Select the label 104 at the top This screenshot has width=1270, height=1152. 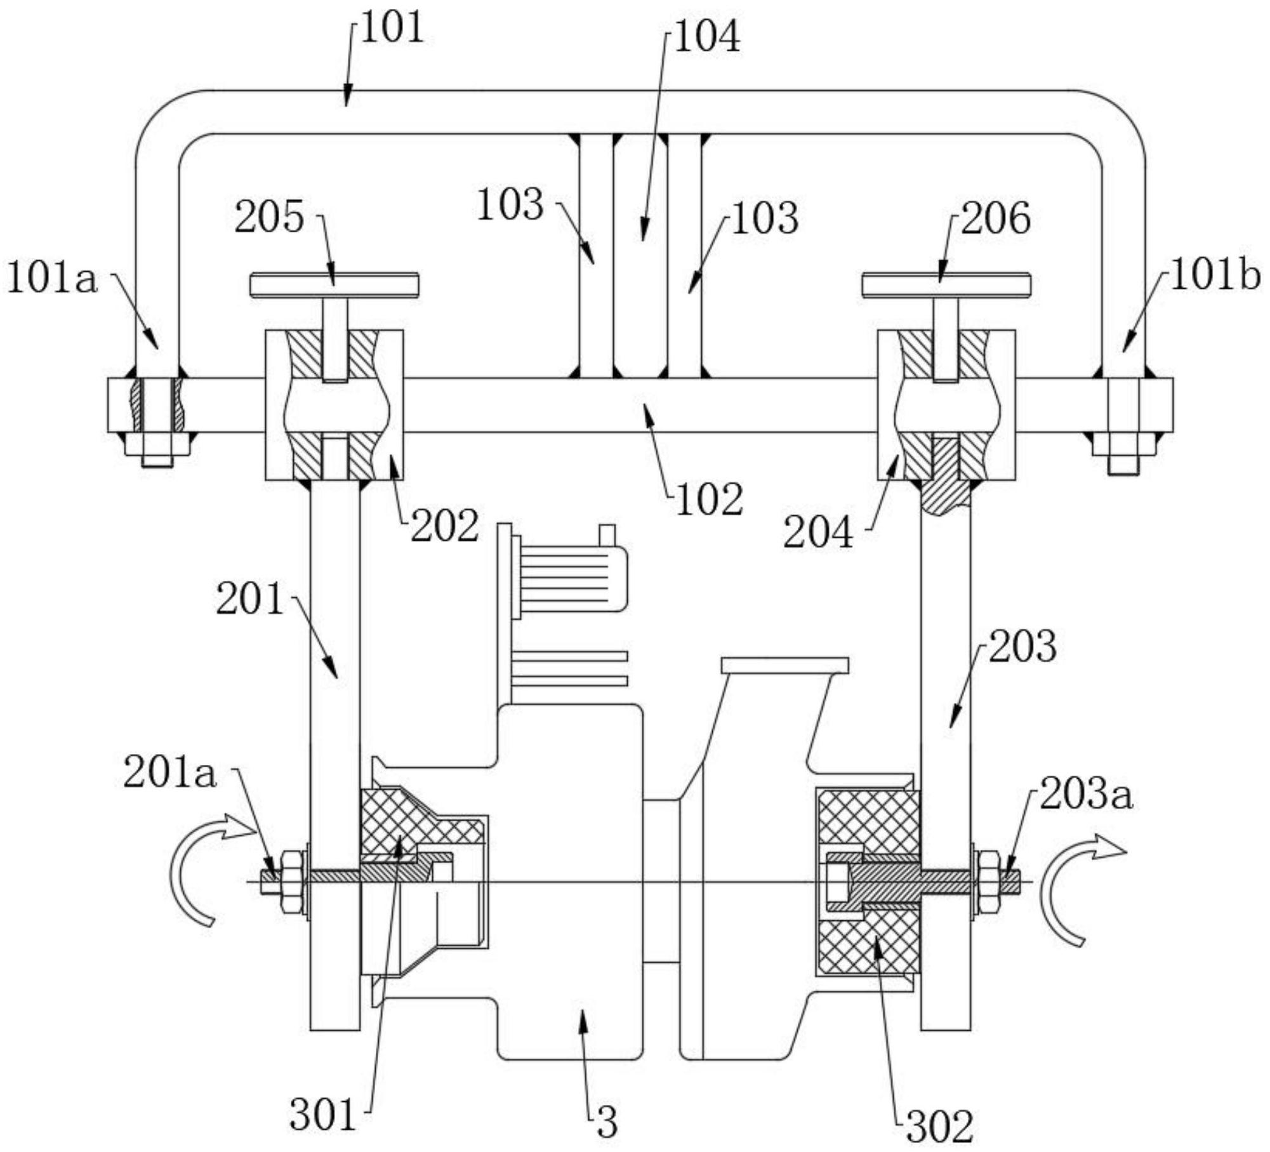(707, 37)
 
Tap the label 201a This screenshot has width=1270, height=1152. (170, 773)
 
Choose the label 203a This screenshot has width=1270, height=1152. (1086, 794)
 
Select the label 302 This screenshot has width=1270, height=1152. (940, 1125)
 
